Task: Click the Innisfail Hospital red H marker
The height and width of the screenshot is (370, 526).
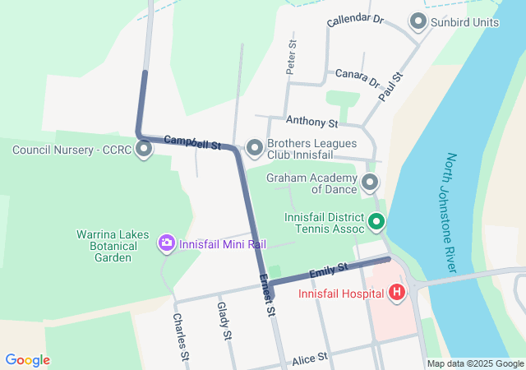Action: click(397, 293)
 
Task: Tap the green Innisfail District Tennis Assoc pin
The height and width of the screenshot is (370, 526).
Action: click(377, 221)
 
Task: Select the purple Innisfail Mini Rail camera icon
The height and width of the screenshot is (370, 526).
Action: click(167, 243)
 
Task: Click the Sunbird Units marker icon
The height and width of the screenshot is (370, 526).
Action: click(418, 22)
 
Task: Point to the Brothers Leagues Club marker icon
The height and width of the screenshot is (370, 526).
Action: click(255, 148)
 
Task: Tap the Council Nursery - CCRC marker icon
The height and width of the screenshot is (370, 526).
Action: click(145, 150)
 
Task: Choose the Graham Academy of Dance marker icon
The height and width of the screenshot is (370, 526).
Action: click(370, 182)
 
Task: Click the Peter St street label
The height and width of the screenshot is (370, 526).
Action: click(291, 58)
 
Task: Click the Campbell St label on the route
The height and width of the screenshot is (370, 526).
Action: click(193, 142)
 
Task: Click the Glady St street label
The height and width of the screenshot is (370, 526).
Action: click(223, 321)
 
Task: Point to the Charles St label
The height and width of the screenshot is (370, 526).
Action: click(181, 336)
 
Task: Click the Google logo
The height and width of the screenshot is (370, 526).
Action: click(27, 360)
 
